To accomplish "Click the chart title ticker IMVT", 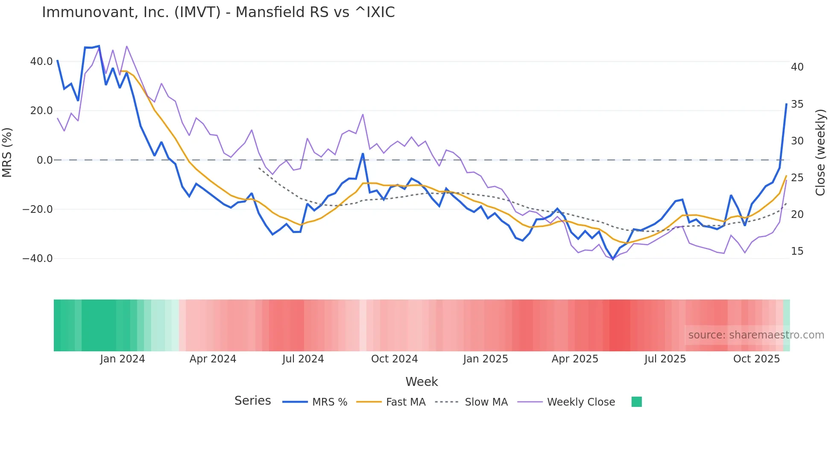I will click(x=197, y=12).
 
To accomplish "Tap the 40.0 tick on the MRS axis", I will click(x=41, y=62).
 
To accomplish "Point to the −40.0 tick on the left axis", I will click(x=38, y=259).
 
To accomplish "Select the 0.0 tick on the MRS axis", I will click(x=45, y=160).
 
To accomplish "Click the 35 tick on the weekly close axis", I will click(x=797, y=104).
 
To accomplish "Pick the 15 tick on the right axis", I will click(x=797, y=251).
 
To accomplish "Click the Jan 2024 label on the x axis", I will click(x=123, y=359).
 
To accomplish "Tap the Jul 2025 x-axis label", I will click(x=665, y=359).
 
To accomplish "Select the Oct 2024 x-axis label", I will click(x=394, y=359).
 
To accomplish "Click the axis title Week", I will click(x=421, y=382).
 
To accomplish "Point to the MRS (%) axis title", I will click(x=7, y=153).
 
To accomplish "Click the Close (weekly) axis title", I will click(x=820, y=153).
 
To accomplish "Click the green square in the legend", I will click(x=636, y=402).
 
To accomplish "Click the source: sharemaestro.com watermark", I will click(x=756, y=335).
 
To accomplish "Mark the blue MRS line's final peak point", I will click(x=786, y=104).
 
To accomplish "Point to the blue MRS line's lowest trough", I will click(x=613, y=259).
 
